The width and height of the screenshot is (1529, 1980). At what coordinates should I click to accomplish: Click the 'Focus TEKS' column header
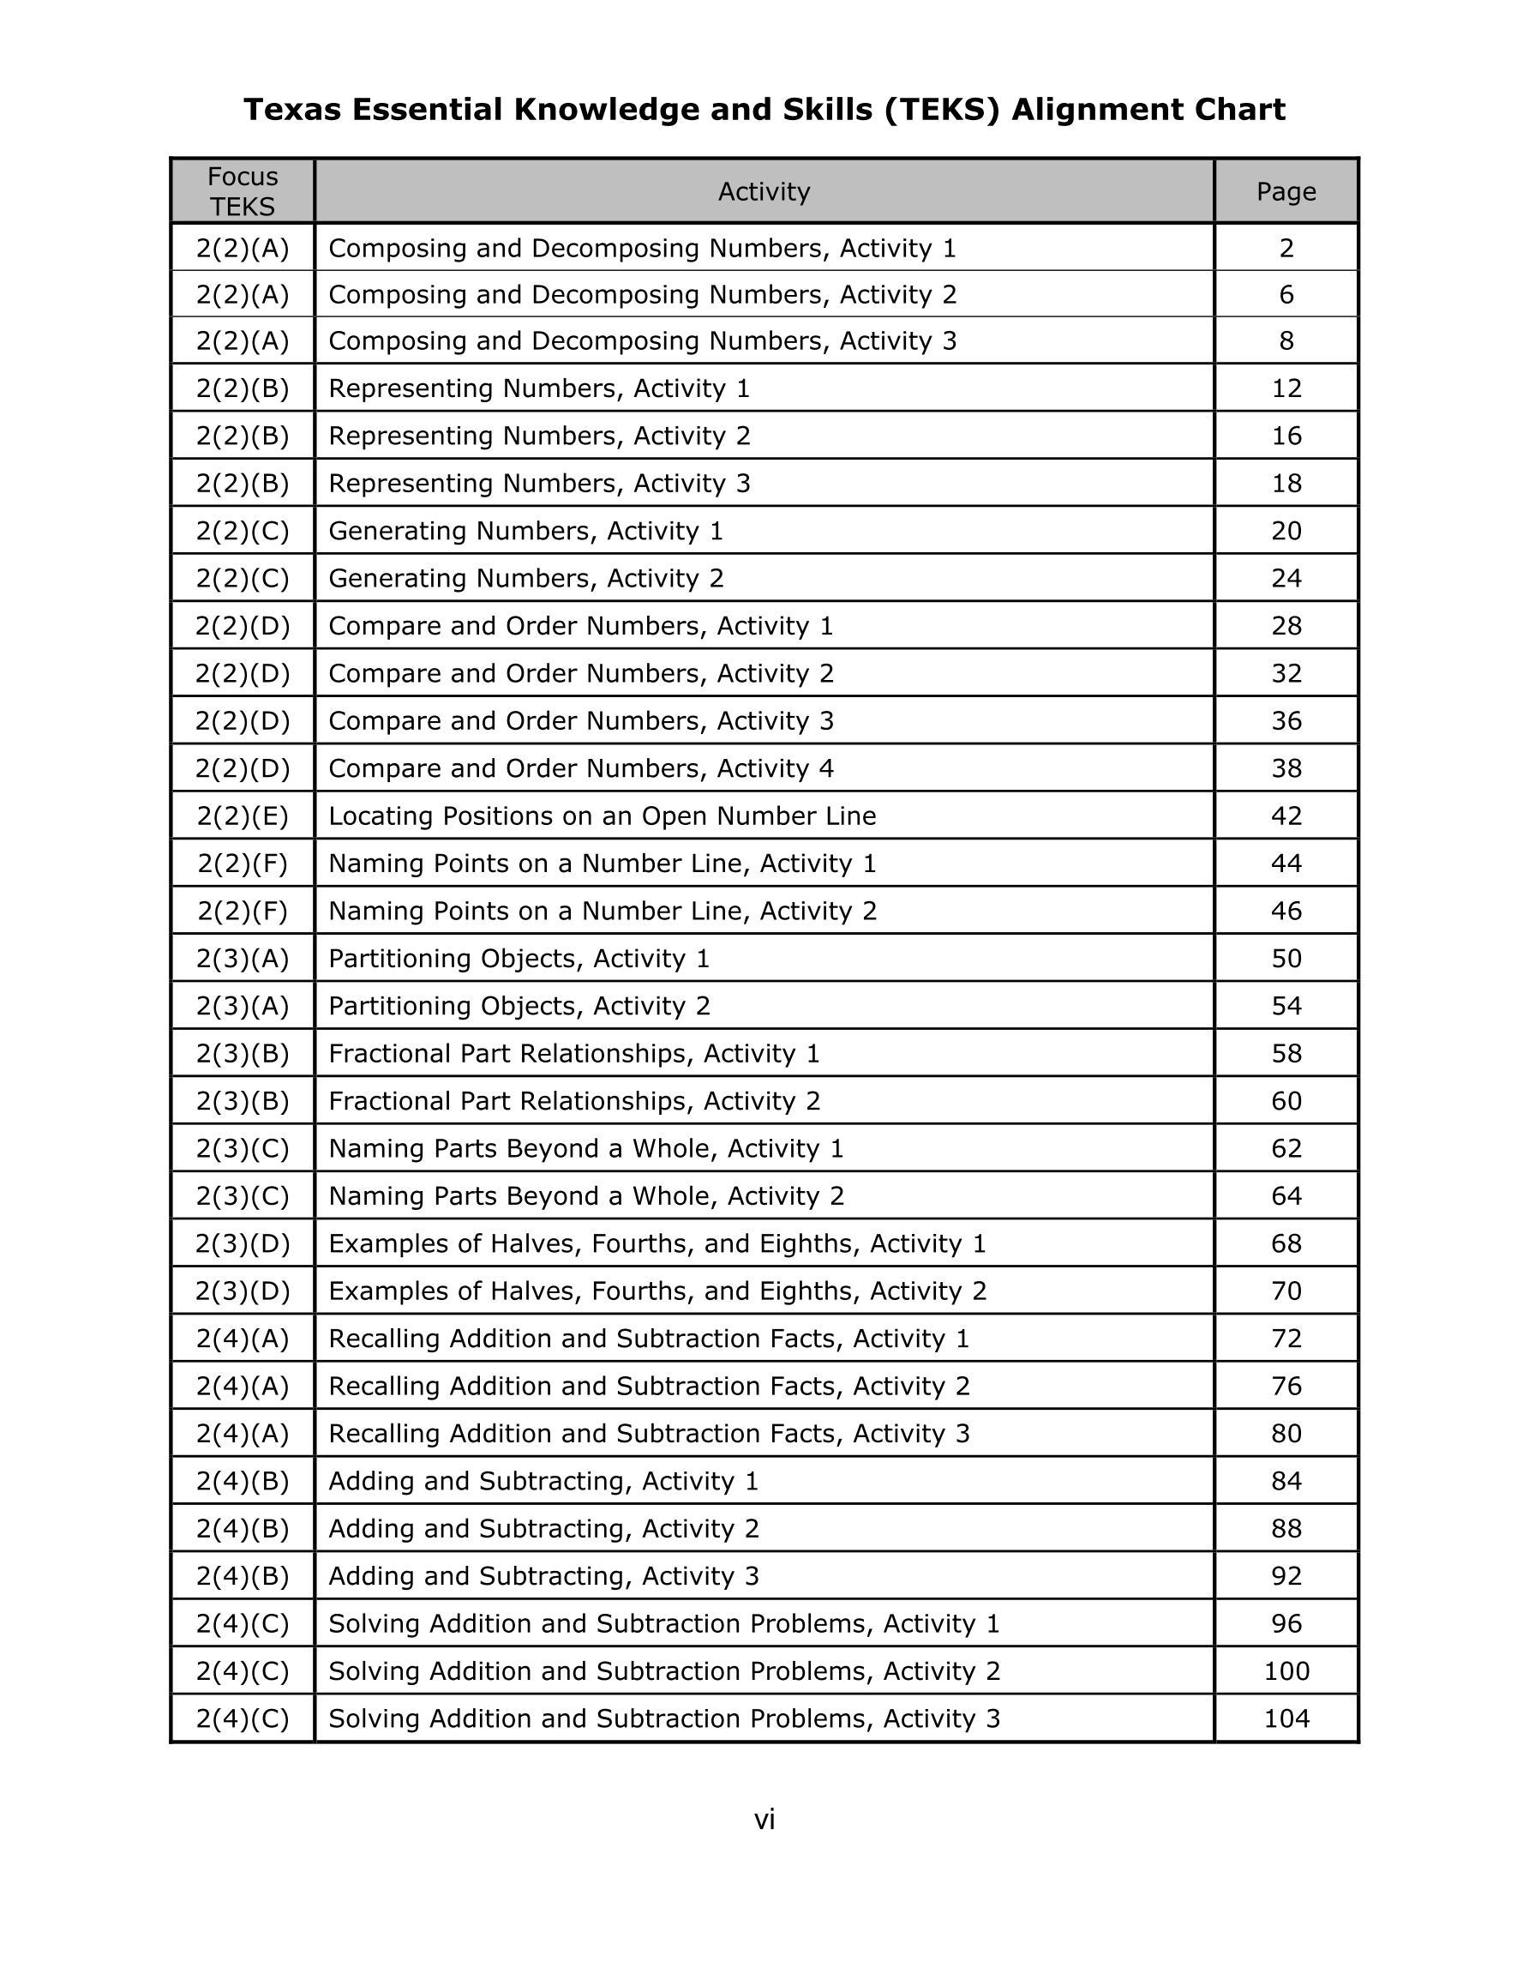(x=242, y=191)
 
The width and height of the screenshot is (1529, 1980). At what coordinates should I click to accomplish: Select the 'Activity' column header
(x=763, y=191)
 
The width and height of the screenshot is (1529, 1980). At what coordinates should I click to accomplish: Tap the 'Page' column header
(x=1286, y=191)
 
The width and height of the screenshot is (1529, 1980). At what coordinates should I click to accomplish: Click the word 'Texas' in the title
(x=294, y=110)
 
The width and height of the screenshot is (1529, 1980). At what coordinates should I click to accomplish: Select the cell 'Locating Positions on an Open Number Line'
(x=602, y=816)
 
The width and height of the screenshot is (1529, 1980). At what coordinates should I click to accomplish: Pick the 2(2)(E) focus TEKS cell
(x=242, y=816)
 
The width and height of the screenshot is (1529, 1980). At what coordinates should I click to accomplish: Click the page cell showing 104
(x=1286, y=1718)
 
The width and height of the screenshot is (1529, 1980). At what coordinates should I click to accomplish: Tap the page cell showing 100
(x=1286, y=1670)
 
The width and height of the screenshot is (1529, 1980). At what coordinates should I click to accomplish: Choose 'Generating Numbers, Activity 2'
(x=525, y=579)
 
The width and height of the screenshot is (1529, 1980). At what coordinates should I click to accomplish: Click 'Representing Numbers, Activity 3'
(x=539, y=484)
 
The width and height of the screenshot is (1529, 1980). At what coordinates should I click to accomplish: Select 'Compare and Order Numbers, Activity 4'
(x=580, y=769)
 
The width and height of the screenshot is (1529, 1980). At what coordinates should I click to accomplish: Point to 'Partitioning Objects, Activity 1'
(x=519, y=958)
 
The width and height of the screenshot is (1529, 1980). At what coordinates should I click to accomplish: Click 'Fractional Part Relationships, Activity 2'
(x=573, y=1100)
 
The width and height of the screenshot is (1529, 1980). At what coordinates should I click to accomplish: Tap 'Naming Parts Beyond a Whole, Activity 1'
(x=585, y=1149)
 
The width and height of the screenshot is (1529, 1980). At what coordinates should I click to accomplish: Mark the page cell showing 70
(x=1286, y=1291)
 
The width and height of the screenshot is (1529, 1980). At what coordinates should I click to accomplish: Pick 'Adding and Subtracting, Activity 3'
(x=543, y=1575)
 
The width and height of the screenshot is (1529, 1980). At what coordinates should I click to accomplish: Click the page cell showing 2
(x=1286, y=249)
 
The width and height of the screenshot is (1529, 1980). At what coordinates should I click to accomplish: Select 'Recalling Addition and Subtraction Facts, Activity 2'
(x=648, y=1387)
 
